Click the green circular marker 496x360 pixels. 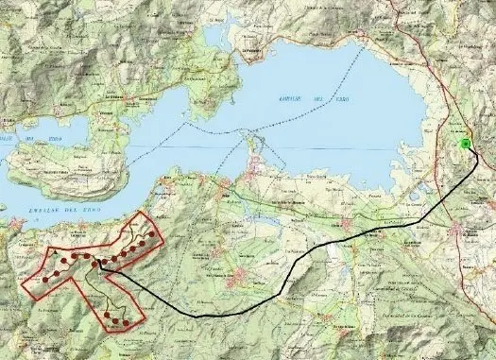(x=465, y=144)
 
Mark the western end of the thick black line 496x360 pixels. (x=98, y=267)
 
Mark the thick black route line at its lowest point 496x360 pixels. (x=203, y=316)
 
